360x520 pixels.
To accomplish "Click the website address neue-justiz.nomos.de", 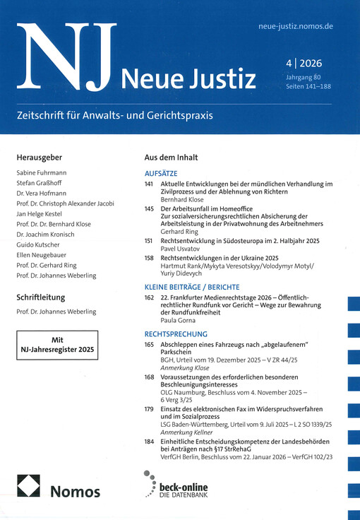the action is [x=296, y=27].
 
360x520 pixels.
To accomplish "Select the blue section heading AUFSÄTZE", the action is [x=160, y=173].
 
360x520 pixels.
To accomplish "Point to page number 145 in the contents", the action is [x=148, y=209].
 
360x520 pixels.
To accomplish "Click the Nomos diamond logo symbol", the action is [x=29, y=487].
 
